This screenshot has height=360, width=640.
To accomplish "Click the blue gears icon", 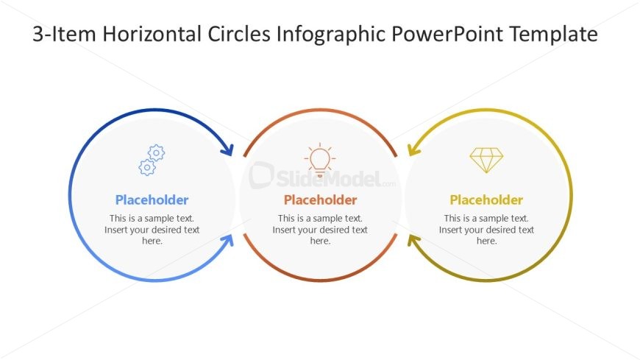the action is [x=152, y=160].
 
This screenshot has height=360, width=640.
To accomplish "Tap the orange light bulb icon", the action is [x=320, y=159].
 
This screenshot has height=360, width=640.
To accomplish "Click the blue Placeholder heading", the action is [x=152, y=200].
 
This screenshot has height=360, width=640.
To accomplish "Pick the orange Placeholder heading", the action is [x=321, y=200].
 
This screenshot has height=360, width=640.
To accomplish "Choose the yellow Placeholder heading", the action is [x=486, y=200].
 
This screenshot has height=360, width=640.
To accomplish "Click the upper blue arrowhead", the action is [x=228, y=150].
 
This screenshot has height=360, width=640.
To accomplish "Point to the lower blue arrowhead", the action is [x=228, y=241].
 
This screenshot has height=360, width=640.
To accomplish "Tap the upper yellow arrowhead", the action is [x=413, y=150].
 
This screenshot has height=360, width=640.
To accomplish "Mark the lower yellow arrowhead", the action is [x=413, y=241].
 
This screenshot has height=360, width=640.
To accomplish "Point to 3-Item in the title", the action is [x=64, y=34].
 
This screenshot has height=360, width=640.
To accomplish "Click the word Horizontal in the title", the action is [x=152, y=34].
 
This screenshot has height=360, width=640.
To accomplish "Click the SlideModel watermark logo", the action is [x=322, y=176].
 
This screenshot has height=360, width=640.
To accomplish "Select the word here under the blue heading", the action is [x=152, y=241].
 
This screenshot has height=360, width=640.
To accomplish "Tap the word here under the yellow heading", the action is [x=486, y=241].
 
